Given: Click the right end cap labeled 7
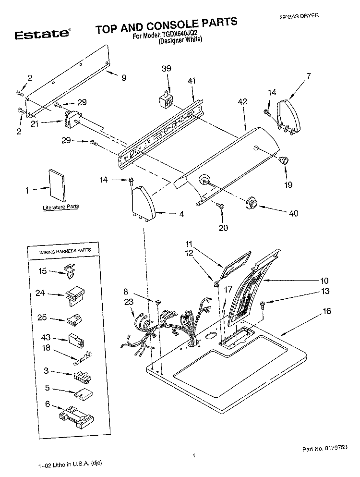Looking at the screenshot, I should click(x=290, y=116).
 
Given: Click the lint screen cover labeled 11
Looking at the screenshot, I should click(x=234, y=263).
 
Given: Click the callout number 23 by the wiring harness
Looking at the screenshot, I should click(x=128, y=302).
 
